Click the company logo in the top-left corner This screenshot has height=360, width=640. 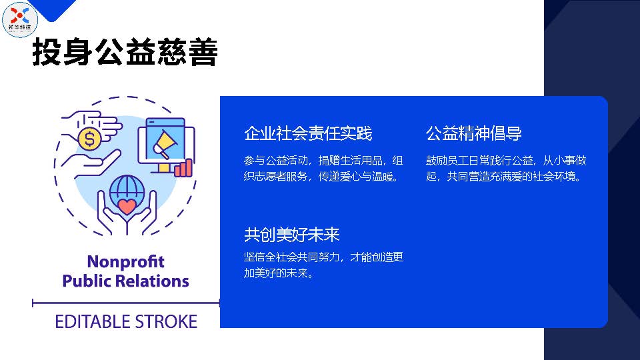[19, 19]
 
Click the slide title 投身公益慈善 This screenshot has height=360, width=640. [125, 52]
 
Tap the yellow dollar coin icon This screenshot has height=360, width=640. [89, 139]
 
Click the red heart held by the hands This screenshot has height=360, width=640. [127, 206]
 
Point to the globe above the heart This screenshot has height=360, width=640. [127, 189]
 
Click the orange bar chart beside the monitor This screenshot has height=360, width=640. [183, 167]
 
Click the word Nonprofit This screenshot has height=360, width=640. [126, 261]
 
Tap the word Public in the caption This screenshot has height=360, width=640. [87, 281]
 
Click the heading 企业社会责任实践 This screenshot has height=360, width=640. [308, 133]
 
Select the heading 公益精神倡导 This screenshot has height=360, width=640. [473, 133]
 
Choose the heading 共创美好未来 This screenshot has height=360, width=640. [292, 235]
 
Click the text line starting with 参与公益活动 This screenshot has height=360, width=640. [323, 161]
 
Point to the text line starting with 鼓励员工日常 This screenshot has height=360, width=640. [506, 161]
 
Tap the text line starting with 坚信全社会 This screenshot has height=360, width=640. [324, 257]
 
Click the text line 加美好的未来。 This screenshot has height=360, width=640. [279, 273]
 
